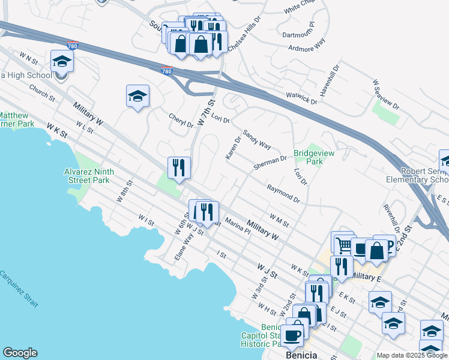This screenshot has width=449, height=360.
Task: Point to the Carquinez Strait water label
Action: click(x=20, y=289)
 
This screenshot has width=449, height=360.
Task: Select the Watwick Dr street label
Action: click(x=301, y=98)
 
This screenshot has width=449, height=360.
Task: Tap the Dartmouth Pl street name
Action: click(x=298, y=31)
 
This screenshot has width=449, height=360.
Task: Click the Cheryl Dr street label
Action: click(x=181, y=121)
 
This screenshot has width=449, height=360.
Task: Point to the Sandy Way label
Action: click(x=257, y=139)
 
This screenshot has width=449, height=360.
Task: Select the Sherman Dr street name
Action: click(x=270, y=163)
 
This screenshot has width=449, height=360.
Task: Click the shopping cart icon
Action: click(x=342, y=243)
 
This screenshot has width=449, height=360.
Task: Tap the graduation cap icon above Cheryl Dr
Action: click(x=137, y=96)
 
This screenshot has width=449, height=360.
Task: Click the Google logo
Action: click(x=20, y=353)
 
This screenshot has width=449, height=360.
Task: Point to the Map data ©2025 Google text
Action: click(x=411, y=355)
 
